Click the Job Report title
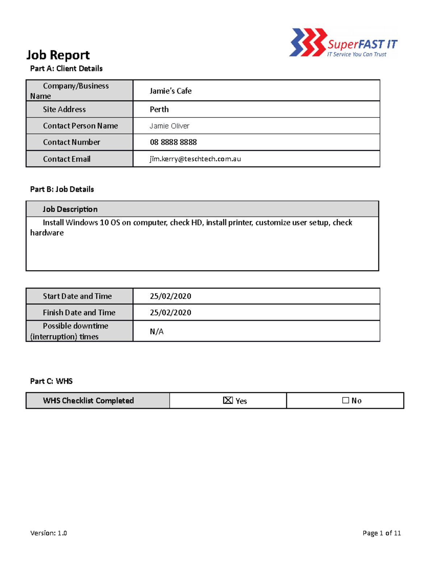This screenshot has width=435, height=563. (x=58, y=55)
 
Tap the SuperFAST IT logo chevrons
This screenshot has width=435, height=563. (x=307, y=42)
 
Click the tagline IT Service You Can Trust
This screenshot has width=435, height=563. (x=357, y=54)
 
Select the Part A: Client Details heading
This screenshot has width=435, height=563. (x=66, y=69)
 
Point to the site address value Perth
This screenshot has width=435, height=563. (x=159, y=109)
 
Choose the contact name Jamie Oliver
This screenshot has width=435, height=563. (x=169, y=126)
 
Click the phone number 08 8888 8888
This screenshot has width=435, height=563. (x=173, y=142)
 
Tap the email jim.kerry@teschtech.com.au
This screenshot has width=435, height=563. (x=195, y=159)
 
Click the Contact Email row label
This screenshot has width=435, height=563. (x=67, y=159)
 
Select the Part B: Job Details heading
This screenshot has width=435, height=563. (x=62, y=189)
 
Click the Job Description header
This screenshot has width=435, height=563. (x=70, y=209)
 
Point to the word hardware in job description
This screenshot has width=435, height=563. (x=47, y=233)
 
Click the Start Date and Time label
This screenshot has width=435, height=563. (x=77, y=296)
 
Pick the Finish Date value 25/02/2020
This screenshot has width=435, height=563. (x=170, y=312)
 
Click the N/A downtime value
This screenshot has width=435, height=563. (x=157, y=331)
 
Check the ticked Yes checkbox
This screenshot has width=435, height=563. (x=228, y=400)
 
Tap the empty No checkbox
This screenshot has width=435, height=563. (x=345, y=400)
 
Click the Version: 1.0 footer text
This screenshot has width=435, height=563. (x=49, y=533)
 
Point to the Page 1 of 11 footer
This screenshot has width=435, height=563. (x=381, y=533)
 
